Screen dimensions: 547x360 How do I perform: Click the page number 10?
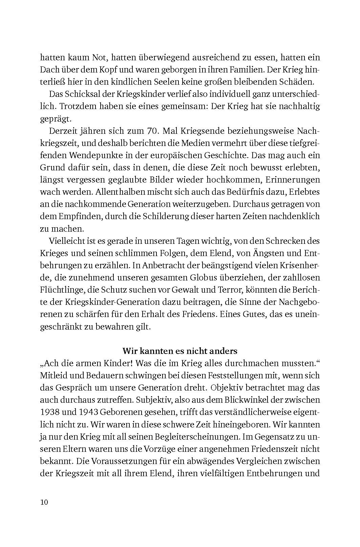(44, 502)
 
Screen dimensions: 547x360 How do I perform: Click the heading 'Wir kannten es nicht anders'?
(180, 350)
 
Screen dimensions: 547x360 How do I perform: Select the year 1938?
(49, 412)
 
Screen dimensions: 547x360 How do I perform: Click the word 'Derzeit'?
(63, 131)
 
